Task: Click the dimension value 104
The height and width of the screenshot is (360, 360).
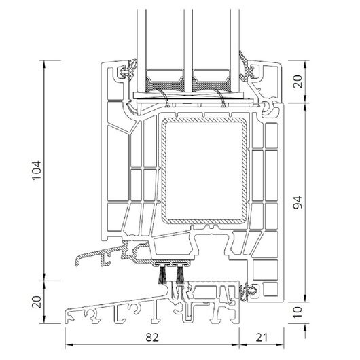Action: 37,170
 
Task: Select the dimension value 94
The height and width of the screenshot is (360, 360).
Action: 298,202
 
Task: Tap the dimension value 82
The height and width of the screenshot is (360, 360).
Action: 152,338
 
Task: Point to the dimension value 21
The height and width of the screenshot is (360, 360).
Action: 262,338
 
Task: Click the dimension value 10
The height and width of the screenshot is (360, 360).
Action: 298,312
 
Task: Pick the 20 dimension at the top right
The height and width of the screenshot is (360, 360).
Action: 298,82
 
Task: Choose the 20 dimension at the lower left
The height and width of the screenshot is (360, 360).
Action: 37,302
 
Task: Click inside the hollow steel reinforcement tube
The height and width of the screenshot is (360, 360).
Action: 204,170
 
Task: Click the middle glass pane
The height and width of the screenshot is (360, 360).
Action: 187,50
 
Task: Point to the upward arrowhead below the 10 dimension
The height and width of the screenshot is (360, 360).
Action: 305,329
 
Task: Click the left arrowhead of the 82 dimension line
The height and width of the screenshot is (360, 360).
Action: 69,344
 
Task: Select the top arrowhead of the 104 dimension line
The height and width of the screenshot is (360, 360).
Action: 45,65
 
